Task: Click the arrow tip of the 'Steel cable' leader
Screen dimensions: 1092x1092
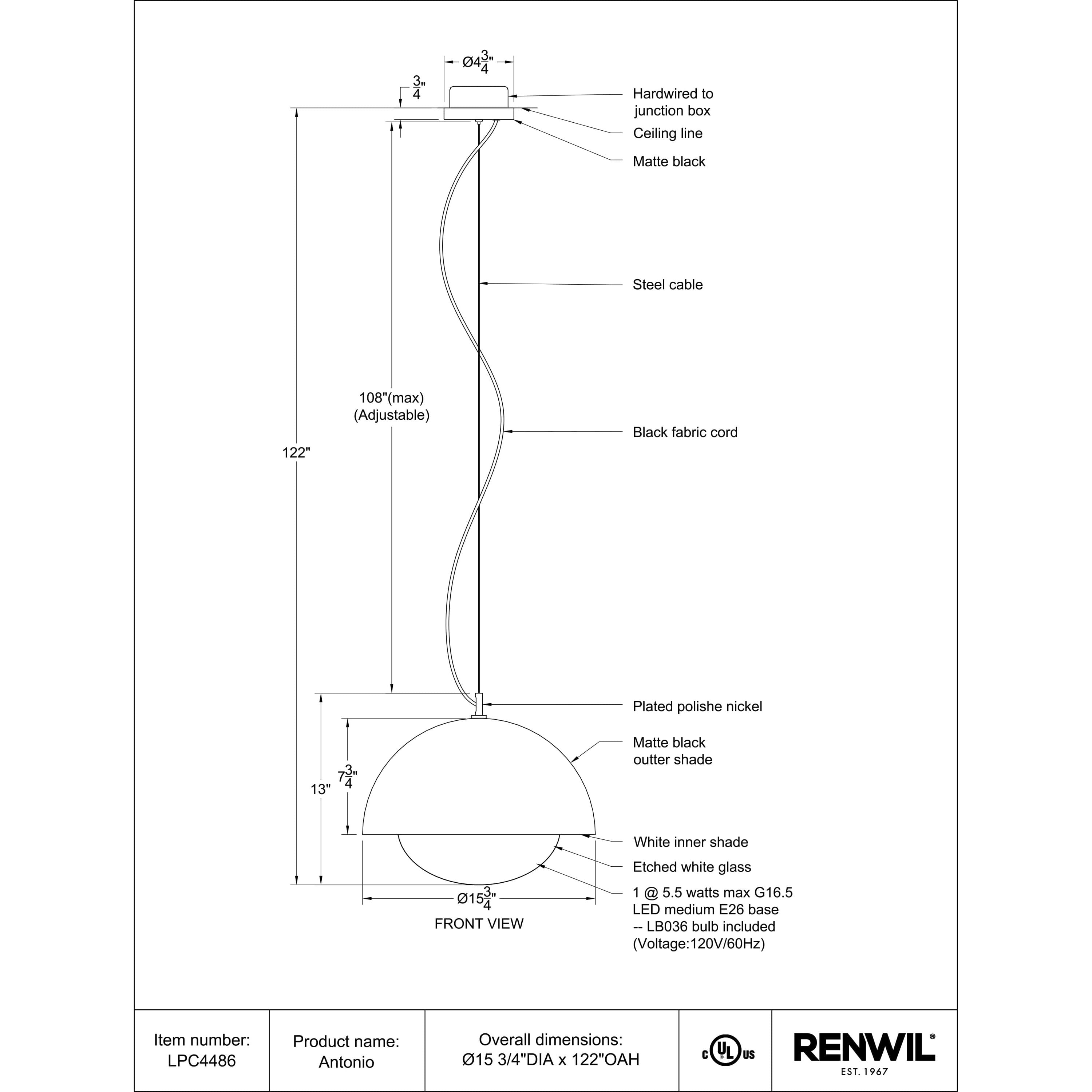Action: point(480,283)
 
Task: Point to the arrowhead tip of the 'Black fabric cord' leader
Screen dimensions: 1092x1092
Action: point(504,431)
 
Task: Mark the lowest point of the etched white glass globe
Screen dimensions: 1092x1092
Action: point(479,885)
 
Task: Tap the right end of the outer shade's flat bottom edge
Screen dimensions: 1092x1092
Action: point(595,834)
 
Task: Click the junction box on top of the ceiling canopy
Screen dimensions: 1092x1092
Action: point(479,97)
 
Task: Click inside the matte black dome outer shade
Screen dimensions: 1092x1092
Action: point(479,786)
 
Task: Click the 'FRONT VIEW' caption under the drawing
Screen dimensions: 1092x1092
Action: point(479,923)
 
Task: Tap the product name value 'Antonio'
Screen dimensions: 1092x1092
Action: point(347,1062)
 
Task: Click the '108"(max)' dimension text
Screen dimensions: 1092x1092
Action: point(392,397)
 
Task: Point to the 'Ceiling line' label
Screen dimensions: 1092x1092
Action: point(668,133)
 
